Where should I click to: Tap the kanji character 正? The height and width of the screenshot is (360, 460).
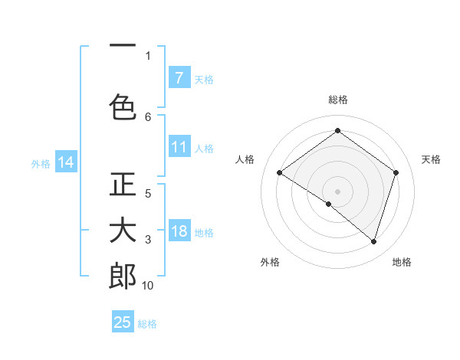click(123, 185)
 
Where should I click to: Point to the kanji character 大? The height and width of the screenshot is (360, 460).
click(123, 231)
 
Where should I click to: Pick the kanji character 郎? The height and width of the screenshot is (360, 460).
click(123, 277)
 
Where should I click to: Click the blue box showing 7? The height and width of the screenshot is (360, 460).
click(179, 78)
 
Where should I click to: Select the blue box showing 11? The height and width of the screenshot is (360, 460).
click(179, 148)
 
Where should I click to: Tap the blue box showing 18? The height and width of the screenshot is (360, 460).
click(179, 232)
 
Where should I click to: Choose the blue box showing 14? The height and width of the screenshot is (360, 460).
click(66, 162)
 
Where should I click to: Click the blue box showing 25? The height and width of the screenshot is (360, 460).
click(123, 322)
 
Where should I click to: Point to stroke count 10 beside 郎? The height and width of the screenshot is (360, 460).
click(148, 286)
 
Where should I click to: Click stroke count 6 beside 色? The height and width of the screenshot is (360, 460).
click(148, 116)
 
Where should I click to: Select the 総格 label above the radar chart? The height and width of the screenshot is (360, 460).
click(337, 100)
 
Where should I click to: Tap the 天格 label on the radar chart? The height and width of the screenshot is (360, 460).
click(431, 159)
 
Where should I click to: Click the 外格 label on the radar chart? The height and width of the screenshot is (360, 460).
click(270, 262)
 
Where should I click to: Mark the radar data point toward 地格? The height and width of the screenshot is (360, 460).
click(373, 241)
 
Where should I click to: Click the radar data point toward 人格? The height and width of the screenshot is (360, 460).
click(280, 173)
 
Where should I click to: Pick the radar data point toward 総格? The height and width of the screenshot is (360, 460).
click(337, 131)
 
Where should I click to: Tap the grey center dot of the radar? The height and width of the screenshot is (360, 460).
click(337, 191)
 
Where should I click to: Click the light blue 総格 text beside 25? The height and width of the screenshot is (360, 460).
click(147, 324)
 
